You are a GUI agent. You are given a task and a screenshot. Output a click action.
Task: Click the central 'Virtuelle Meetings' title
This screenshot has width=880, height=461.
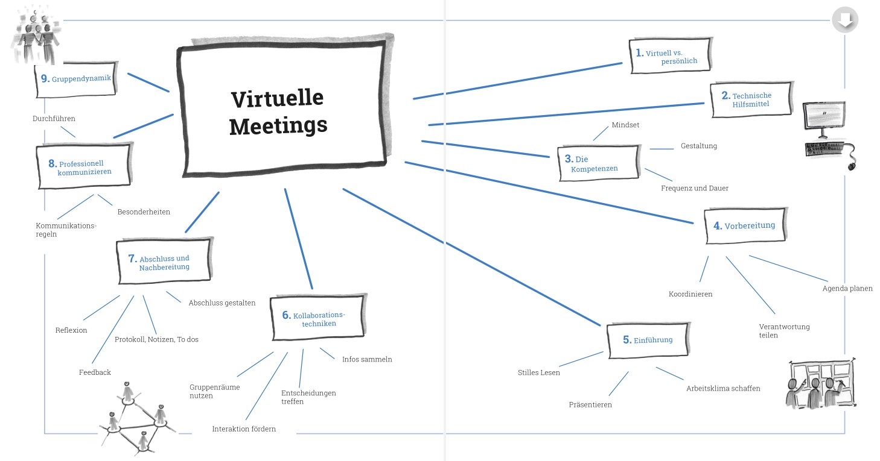tap(278, 112)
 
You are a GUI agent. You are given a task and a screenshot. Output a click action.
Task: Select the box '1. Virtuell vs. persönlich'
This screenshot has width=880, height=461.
tap(671, 55)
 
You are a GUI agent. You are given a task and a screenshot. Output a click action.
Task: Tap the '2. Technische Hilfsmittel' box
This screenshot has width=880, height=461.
tap(751, 99)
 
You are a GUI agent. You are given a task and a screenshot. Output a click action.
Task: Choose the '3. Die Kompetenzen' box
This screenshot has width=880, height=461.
tap(599, 163)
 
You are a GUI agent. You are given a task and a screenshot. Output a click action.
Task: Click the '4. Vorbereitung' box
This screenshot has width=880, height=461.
tap(745, 225)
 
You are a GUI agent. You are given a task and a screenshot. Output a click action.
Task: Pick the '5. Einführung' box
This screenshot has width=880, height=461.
tap(648, 340)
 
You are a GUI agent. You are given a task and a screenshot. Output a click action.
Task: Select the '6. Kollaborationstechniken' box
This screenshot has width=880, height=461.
tap(318, 318)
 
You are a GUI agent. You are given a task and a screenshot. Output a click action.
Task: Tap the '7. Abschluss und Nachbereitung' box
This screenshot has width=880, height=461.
tap(164, 261)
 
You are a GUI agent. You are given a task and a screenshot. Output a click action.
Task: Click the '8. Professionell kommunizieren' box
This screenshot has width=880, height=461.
tap(84, 166)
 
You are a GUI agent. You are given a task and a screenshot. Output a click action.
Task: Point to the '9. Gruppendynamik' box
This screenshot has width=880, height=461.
tap(77, 80)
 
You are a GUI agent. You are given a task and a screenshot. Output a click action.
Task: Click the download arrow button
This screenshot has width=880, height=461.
tap(844, 20)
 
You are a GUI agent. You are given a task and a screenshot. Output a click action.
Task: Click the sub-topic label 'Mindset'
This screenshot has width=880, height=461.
tap(625, 125)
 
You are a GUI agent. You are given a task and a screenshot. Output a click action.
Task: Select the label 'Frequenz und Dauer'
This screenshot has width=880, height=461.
tap(695, 188)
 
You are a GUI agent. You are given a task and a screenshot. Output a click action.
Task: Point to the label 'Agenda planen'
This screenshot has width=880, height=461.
tap(847, 289)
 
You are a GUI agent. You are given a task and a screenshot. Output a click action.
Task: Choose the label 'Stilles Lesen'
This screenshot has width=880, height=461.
tap(538, 372)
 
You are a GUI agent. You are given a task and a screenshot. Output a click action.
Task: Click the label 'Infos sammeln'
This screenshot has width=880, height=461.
tap(367, 359)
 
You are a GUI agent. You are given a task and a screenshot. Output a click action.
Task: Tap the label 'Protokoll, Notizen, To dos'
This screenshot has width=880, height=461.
tap(156, 339)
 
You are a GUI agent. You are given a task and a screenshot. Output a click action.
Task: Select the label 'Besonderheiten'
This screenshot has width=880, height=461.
tap(144, 212)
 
